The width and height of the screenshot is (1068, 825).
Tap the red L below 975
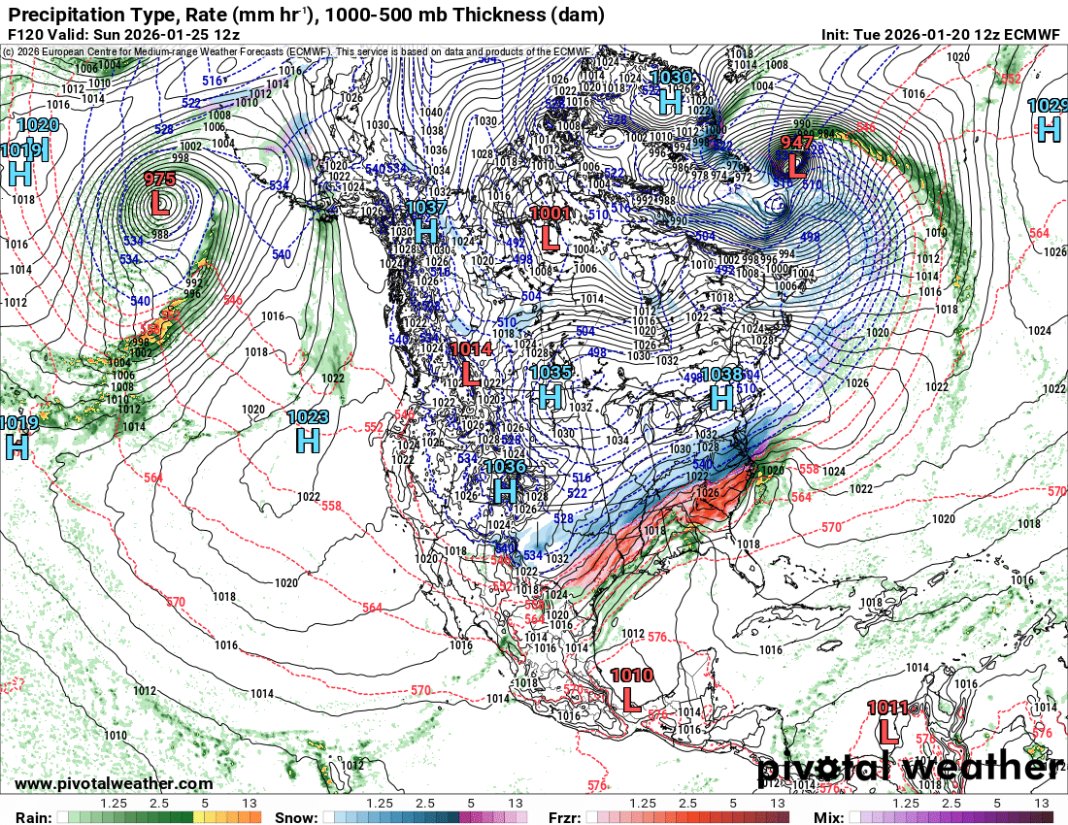point(160,202)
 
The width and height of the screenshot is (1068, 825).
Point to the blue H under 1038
point(721,396)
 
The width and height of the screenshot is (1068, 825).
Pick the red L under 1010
point(631,698)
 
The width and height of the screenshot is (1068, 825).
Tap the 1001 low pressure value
point(551,214)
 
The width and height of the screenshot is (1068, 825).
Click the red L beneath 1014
point(471,371)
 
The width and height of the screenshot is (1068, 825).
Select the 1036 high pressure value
point(504,467)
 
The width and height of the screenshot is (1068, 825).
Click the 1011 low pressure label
point(887,708)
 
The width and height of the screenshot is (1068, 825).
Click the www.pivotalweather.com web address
point(114,783)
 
